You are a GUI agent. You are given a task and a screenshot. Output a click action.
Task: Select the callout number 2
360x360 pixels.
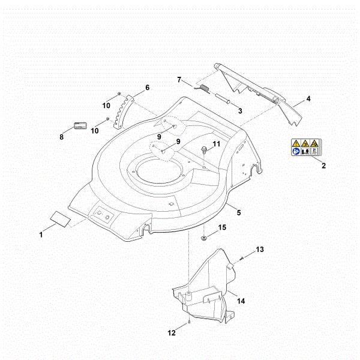coord(323,166)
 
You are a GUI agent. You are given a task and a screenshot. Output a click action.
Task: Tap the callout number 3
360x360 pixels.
coord(239,111)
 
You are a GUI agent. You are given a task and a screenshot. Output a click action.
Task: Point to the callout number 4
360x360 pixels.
coord(308,98)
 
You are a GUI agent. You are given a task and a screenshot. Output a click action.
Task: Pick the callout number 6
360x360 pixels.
coord(147,88)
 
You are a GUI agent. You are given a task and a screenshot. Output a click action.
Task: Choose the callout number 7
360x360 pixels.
coord(178,80)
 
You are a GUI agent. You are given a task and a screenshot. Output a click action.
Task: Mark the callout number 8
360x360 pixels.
coord(61,137)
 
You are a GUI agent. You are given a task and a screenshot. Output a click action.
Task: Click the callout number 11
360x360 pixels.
coord(217,144)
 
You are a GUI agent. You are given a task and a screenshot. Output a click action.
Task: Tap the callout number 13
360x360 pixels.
coord(260,249)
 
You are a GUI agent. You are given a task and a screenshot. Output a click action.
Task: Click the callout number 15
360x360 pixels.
coord(222,227)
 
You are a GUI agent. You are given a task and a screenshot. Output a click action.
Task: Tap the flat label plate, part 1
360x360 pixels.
coord(60,217)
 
